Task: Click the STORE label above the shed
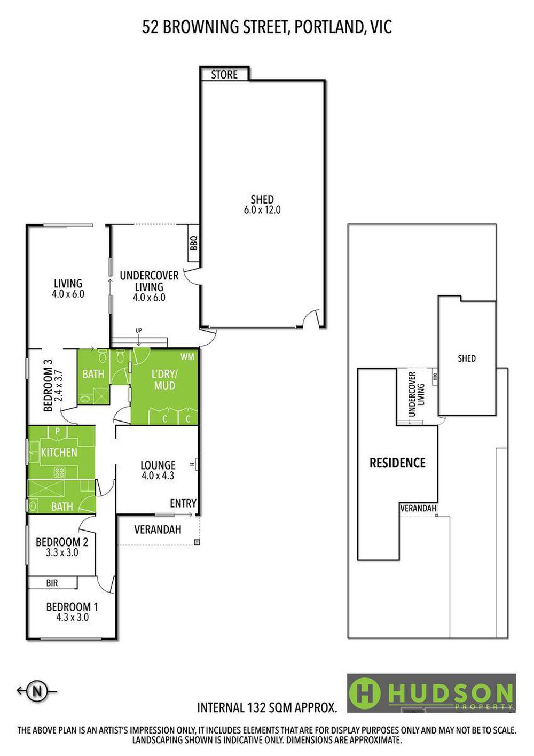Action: (x=224, y=75)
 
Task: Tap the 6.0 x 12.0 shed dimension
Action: (x=262, y=210)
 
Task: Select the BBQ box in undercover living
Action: (x=194, y=243)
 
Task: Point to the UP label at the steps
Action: (x=139, y=330)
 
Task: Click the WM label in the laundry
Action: (x=187, y=357)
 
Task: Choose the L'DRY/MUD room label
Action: (x=164, y=380)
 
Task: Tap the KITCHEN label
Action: (x=59, y=452)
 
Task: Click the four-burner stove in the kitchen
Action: (x=60, y=471)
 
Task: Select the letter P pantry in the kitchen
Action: (x=57, y=431)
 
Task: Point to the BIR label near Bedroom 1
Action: (x=52, y=583)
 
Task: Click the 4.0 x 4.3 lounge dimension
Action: (x=158, y=476)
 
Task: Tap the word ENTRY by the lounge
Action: (x=183, y=503)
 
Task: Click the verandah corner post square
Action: (x=197, y=542)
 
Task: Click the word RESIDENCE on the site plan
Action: (x=397, y=463)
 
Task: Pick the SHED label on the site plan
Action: (x=467, y=358)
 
